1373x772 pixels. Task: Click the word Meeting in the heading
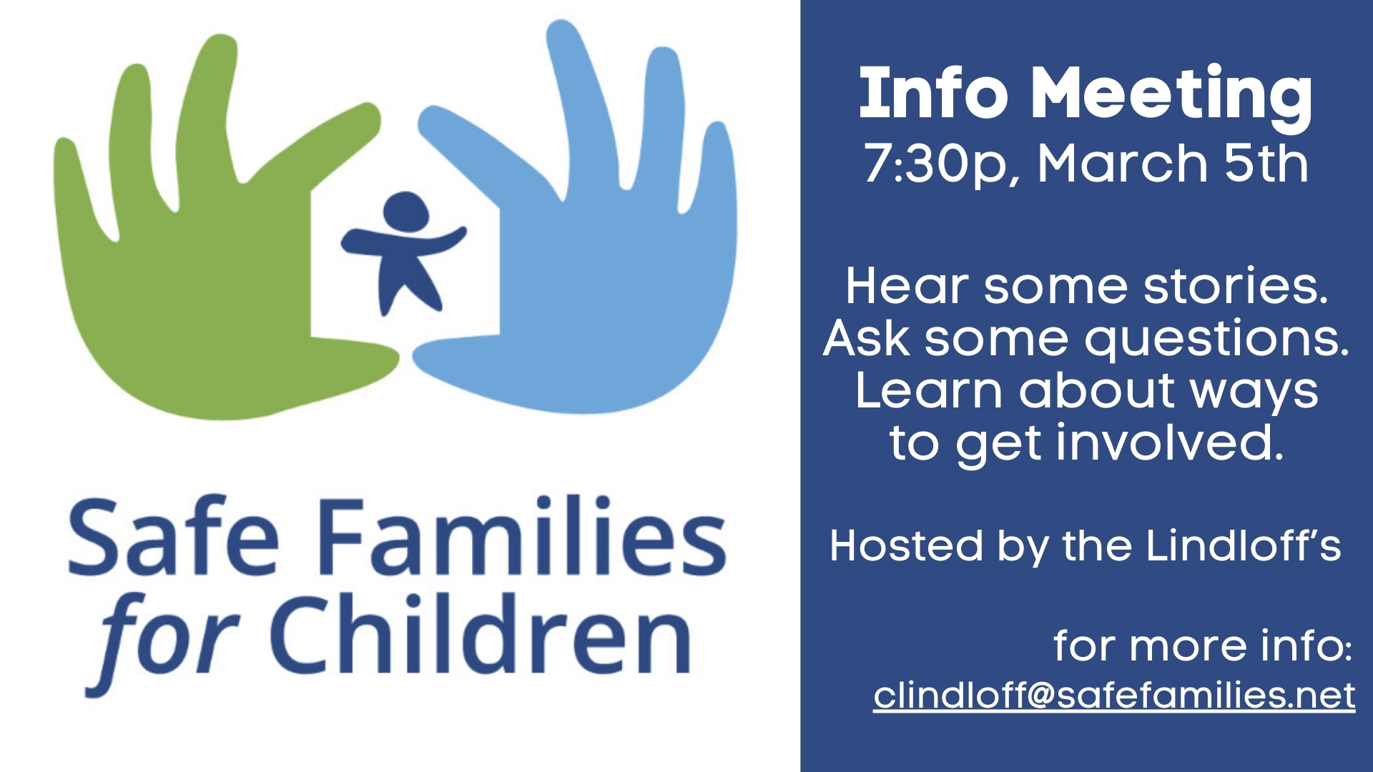[1171, 96]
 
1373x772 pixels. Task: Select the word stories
[1236, 286]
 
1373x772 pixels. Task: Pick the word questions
[1217, 340]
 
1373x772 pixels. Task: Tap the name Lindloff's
[1244, 546]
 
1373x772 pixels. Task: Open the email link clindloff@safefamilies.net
[1114, 695]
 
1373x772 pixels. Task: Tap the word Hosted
[906, 546]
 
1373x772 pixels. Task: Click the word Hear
[907, 286]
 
